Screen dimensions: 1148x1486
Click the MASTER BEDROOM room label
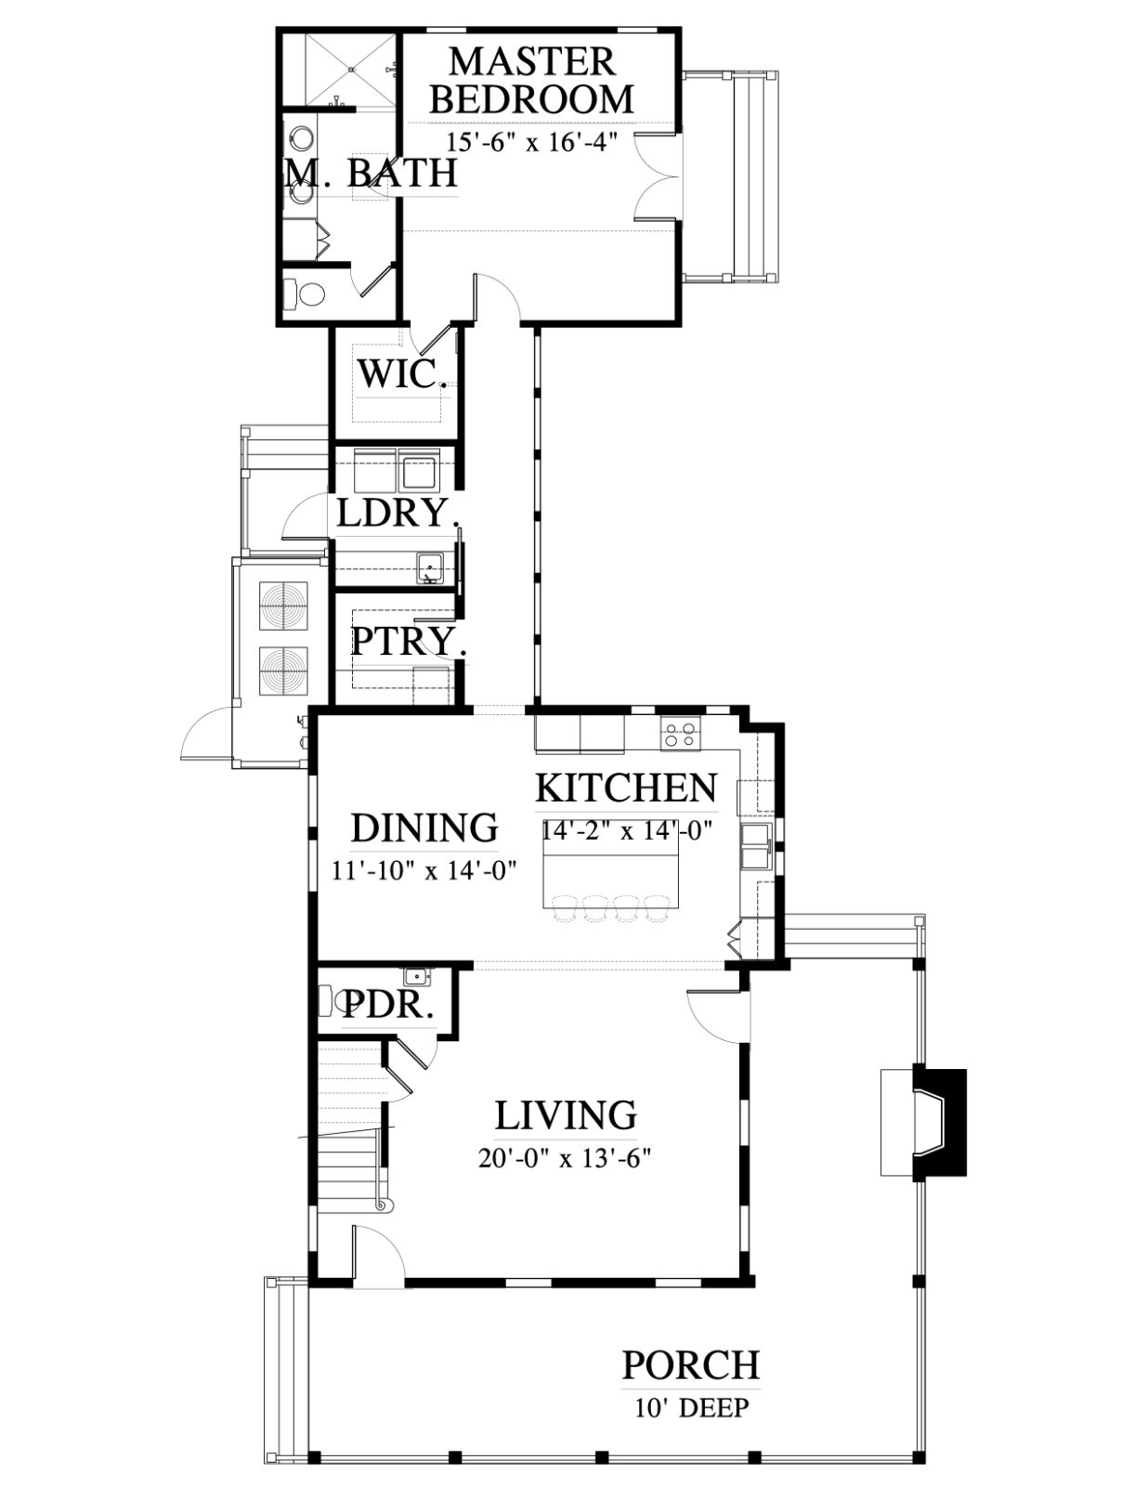(x=532, y=80)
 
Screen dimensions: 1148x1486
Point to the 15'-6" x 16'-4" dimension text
(x=532, y=142)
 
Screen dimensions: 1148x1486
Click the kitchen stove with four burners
(x=680, y=733)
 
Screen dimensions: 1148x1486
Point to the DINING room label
(x=424, y=828)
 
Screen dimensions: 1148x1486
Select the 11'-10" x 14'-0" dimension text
(x=424, y=871)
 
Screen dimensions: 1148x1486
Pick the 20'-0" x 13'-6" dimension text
(x=564, y=1159)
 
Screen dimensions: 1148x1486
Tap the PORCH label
(x=691, y=1365)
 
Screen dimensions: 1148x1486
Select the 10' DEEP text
(x=692, y=1408)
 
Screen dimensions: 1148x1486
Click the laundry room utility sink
(x=430, y=567)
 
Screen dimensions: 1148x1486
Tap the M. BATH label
(x=371, y=173)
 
